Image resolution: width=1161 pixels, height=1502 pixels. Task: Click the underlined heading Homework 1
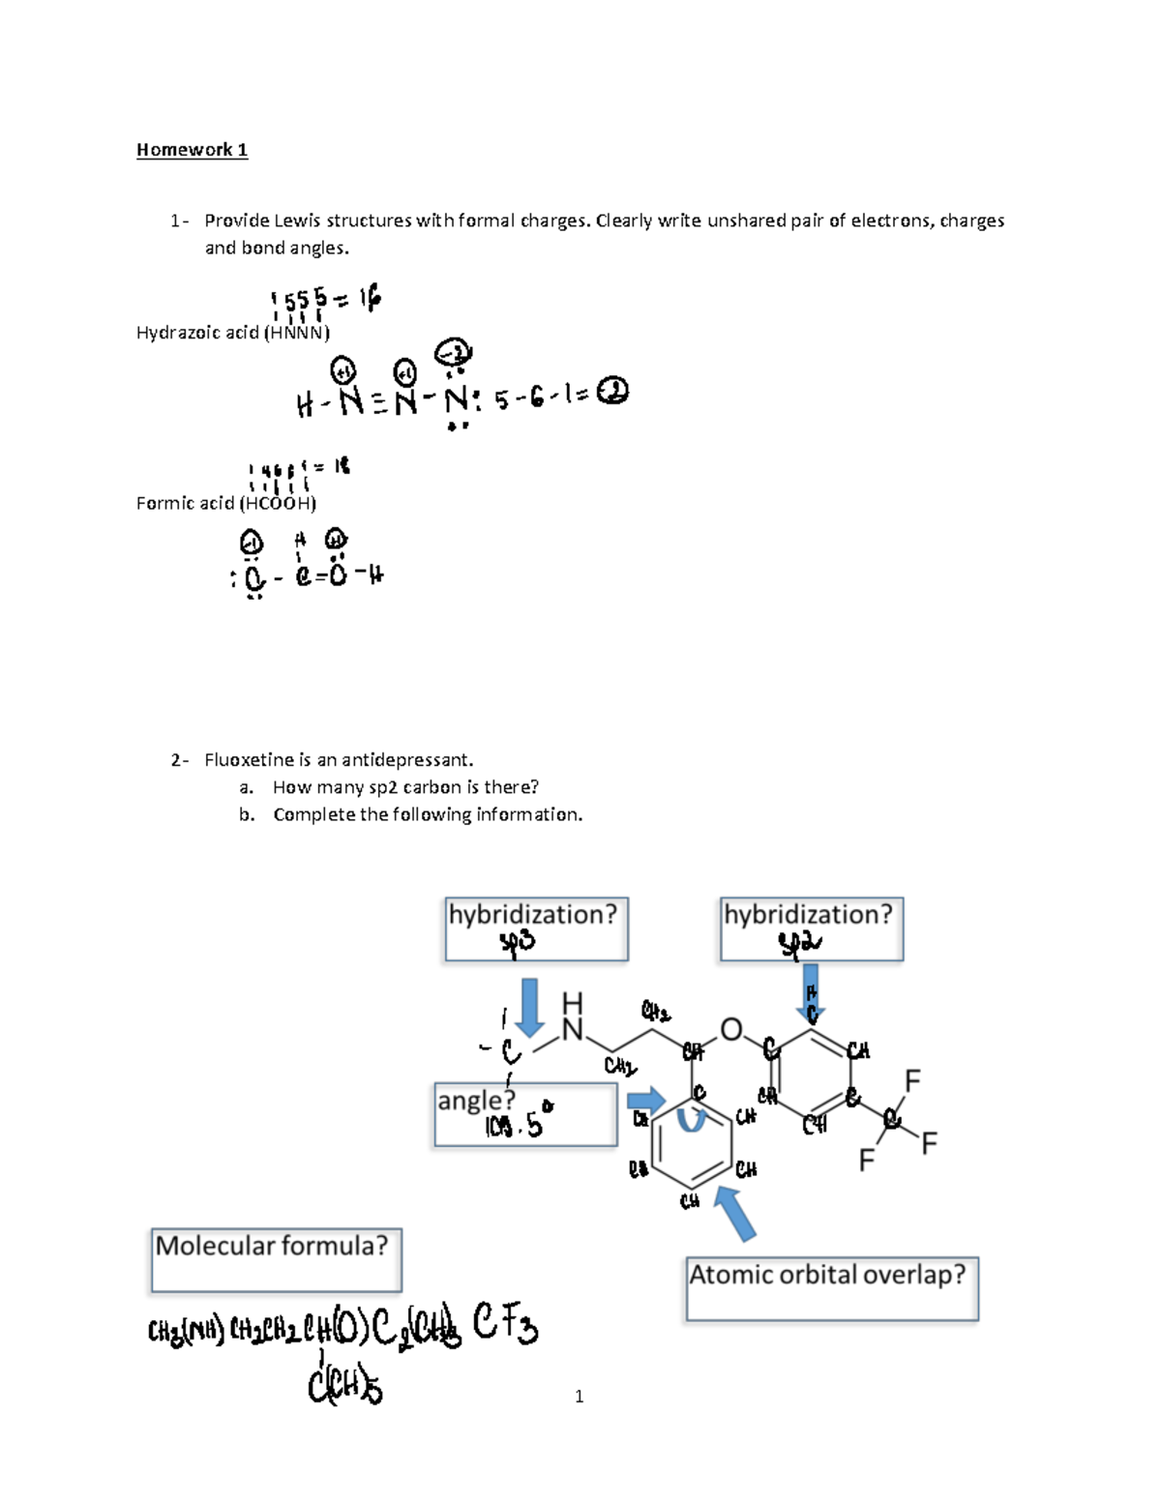click(x=192, y=150)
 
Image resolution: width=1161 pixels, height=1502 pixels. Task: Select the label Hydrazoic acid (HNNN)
click(x=232, y=333)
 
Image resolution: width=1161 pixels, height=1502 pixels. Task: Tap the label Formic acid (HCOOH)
click(x=225, y=503)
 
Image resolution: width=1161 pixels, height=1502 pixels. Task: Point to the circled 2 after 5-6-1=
click(x=612, y=392)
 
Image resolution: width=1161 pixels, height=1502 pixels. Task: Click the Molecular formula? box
click(x=276, y=1259)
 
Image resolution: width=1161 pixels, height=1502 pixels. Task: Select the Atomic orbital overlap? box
click(x=832, y=1288)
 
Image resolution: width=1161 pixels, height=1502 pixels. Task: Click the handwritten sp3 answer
click(x=518, y=943)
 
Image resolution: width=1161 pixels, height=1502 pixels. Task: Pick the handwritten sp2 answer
click(x=800, y=943)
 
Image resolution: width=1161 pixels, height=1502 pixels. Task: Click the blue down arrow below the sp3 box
click(x=529, y=1007)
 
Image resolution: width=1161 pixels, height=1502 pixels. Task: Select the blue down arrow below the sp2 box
click(x=811, y=991)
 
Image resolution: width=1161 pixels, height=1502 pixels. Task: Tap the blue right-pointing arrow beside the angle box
click(x=646, y=1100)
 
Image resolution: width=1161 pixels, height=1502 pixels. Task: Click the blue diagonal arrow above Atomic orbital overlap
click(x=736, y=1213)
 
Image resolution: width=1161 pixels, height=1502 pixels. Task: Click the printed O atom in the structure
click(x=731, y=1030)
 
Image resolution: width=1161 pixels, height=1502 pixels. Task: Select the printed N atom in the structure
click(x=573, y=1030)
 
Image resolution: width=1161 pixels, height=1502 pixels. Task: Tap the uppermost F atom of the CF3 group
click(x=911, y=1079)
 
